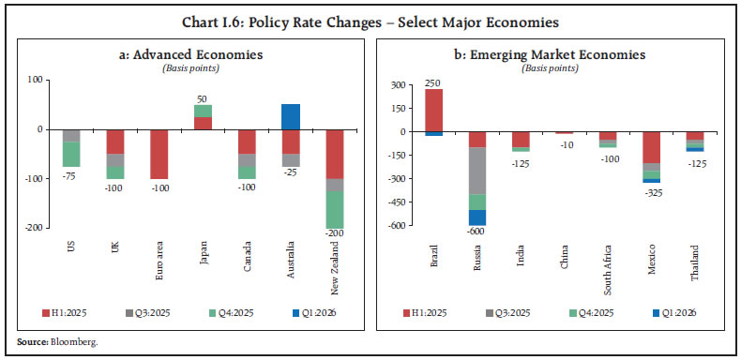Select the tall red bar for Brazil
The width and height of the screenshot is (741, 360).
pos(433,110)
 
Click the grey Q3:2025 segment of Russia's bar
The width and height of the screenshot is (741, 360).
pos(477,171)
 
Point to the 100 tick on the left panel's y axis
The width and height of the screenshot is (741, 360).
pos(41,80)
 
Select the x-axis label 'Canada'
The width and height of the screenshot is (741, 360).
pos(246,253)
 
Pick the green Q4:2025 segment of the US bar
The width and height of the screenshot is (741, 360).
pos(70,154)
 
